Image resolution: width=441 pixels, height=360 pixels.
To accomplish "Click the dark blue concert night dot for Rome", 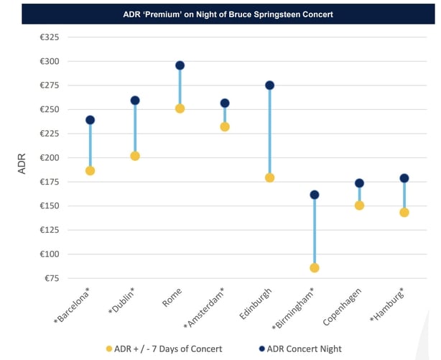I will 180,65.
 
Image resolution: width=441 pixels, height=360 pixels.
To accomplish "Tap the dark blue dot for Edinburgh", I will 269,86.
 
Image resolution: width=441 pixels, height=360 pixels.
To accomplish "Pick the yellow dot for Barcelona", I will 90,171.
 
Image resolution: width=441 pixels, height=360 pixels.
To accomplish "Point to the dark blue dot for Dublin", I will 135,101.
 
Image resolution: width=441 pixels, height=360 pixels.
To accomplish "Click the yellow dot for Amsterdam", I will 225,127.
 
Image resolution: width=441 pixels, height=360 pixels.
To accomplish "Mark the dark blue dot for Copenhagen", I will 359,183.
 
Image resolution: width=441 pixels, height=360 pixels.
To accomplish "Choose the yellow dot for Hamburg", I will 404,213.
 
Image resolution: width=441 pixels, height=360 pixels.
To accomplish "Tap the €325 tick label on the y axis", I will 50,37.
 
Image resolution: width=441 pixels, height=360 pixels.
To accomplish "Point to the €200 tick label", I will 50,158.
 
